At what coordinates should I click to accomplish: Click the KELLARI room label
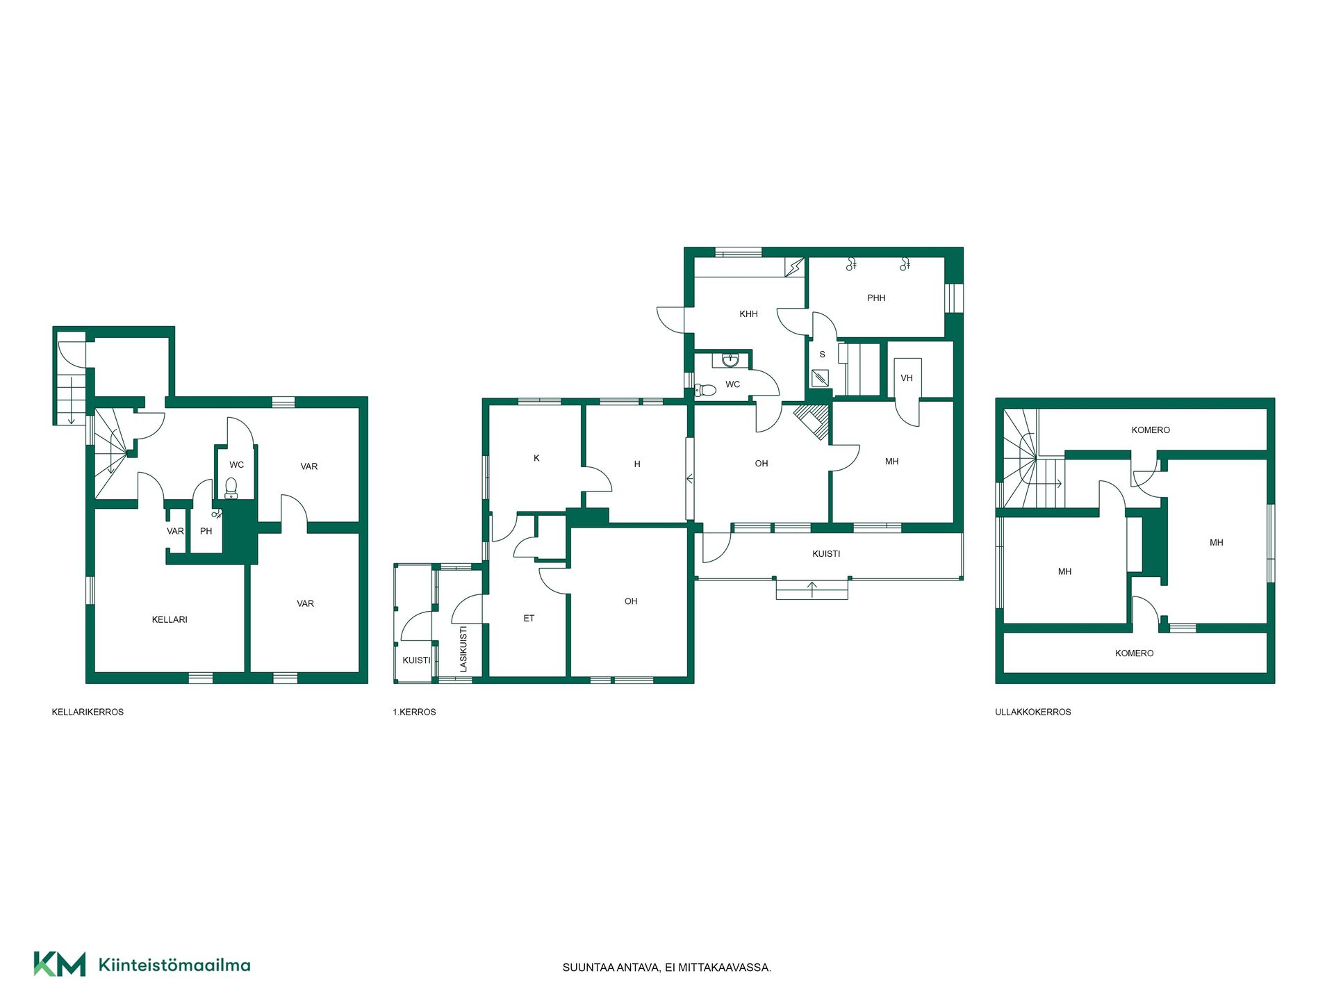pos(170,619)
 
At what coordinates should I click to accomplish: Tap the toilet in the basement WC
pos(231,488)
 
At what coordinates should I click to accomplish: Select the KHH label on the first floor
pos(748,314)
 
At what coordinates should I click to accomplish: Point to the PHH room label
pos(876,298)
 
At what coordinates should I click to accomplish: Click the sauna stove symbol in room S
pos(820,379)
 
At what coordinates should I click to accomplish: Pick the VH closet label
pos(907,378)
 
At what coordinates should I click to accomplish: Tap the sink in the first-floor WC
pos(730,360)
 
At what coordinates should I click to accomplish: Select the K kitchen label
pos(536,458)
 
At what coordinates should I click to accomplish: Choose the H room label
pos(637,464)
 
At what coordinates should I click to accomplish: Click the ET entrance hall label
pos(529,618)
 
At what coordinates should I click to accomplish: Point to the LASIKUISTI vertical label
pos(463,649)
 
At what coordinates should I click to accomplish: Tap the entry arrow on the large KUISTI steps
pos(812,589)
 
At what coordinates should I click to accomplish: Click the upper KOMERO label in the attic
pos(1151,430)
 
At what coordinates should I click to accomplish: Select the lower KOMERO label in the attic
pos(1134,653)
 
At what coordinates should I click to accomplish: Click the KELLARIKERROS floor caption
pos(88,712)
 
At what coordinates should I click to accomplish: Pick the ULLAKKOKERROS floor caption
pos(1032,712)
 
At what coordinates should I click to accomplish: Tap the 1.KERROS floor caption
pos(414,712)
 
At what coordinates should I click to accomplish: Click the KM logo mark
pos(60,964)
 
